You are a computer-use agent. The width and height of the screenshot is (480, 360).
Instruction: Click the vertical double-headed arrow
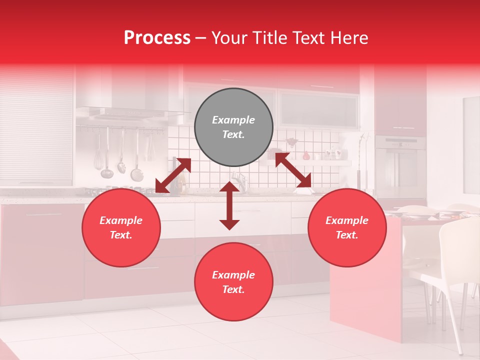tap(229, 205)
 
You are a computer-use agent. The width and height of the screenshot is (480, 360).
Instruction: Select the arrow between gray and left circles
tap(173, 175)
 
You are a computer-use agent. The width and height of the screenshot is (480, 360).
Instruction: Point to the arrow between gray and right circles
tap(293, 170)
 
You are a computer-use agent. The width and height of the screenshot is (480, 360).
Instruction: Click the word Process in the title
tap(157, 37)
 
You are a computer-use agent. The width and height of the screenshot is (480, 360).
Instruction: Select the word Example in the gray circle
tap(233, 120)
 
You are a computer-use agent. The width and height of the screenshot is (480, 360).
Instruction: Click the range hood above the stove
tap(127, 112)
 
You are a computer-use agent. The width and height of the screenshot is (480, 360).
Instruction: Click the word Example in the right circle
tap(347, 220)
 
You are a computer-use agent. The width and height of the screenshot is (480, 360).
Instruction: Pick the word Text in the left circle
tap(121, 235)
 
